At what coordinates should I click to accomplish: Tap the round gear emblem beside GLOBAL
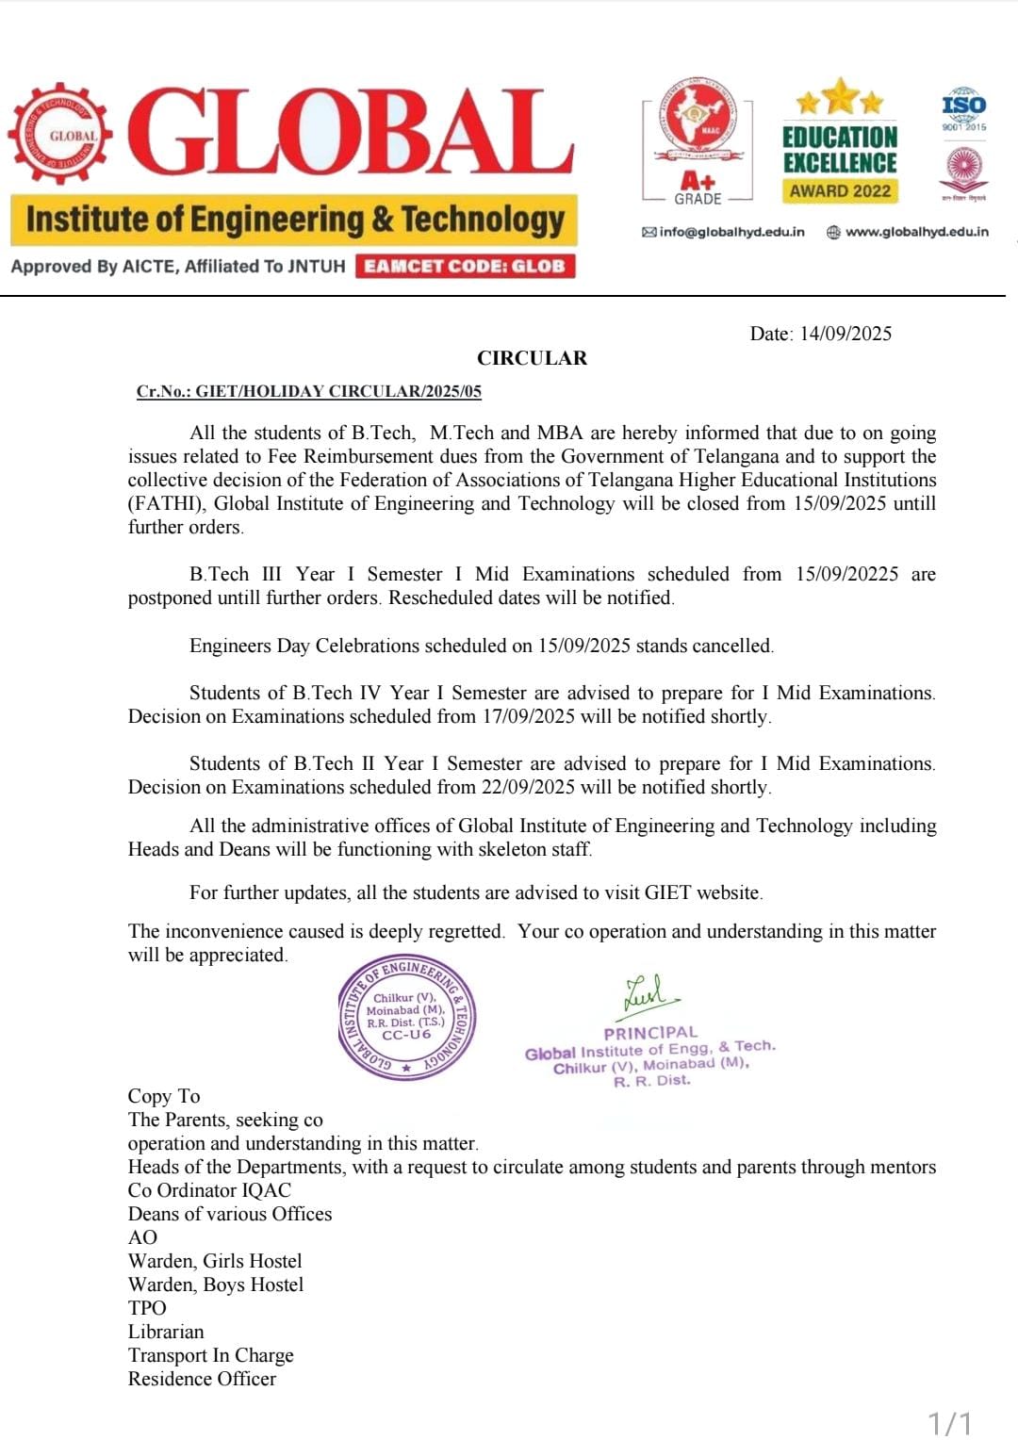[61, 135]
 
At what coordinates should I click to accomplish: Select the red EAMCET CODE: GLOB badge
[466, 266]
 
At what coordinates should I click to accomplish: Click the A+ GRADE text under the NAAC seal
[698, 188]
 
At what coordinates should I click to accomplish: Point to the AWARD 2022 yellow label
[840, 191]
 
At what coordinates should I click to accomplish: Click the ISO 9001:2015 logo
[963, 110]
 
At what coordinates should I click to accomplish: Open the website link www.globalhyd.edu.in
[916, 232]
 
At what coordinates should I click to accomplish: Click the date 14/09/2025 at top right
[845, 334]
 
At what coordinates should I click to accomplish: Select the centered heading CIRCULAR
[532, 358]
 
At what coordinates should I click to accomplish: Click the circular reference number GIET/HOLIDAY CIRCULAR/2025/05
[337, 391]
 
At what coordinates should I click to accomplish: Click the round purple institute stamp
[406, 1018]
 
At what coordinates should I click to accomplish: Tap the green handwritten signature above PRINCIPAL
[649, 995]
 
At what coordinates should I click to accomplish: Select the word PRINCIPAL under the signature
[650, 1033]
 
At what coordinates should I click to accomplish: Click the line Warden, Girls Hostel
[215, 1261]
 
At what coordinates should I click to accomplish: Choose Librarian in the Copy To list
[166, 1332]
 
